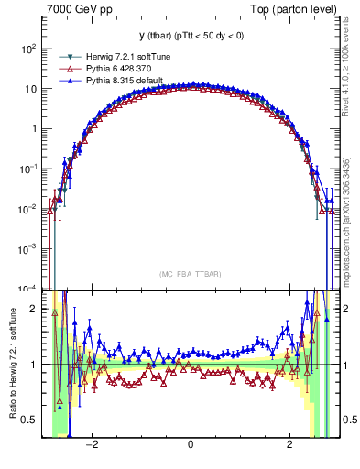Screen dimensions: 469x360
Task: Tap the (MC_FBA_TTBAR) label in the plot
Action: click(190, 274)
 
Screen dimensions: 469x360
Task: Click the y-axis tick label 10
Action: click(31, 89)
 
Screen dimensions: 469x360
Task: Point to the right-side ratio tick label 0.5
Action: click(347, 420)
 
